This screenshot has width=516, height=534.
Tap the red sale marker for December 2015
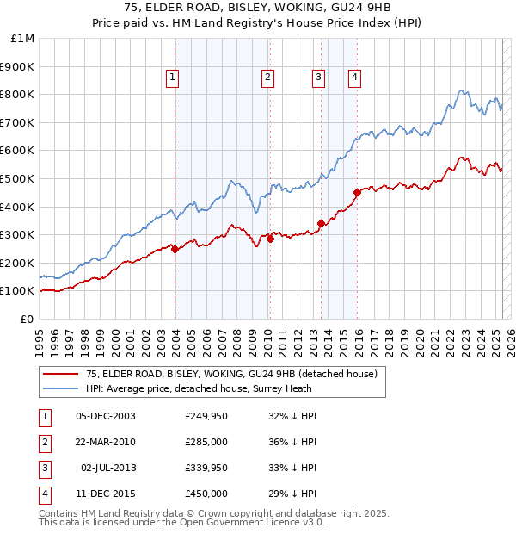coord(357,192)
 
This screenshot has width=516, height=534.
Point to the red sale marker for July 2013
coord(321,223)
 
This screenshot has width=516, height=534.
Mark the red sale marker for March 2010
coord(270,239)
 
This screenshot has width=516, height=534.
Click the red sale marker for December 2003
coord(175,249)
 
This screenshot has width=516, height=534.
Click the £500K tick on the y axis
coord(17,178)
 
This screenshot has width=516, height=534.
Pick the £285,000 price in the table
coord(206,442)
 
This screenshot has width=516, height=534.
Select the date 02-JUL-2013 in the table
coord(108,468)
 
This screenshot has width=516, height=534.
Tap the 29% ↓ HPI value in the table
coord(292,494)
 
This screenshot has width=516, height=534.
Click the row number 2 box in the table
coord(43,442)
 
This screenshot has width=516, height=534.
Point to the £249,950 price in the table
coord(206,416)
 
